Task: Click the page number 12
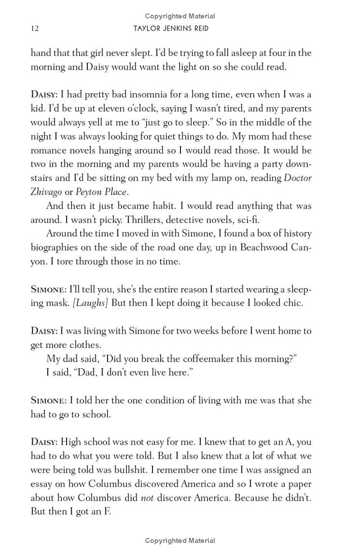click(x=35, y=29)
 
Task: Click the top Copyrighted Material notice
click(x=180, y=16)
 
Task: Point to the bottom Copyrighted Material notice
click(x=180, y=541)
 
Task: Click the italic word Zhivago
click(x=46, y=192)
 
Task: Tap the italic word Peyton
click(x=88, y=192)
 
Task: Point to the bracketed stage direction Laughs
click(x=90, y=303)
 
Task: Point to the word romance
click(x=48, y=150)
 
